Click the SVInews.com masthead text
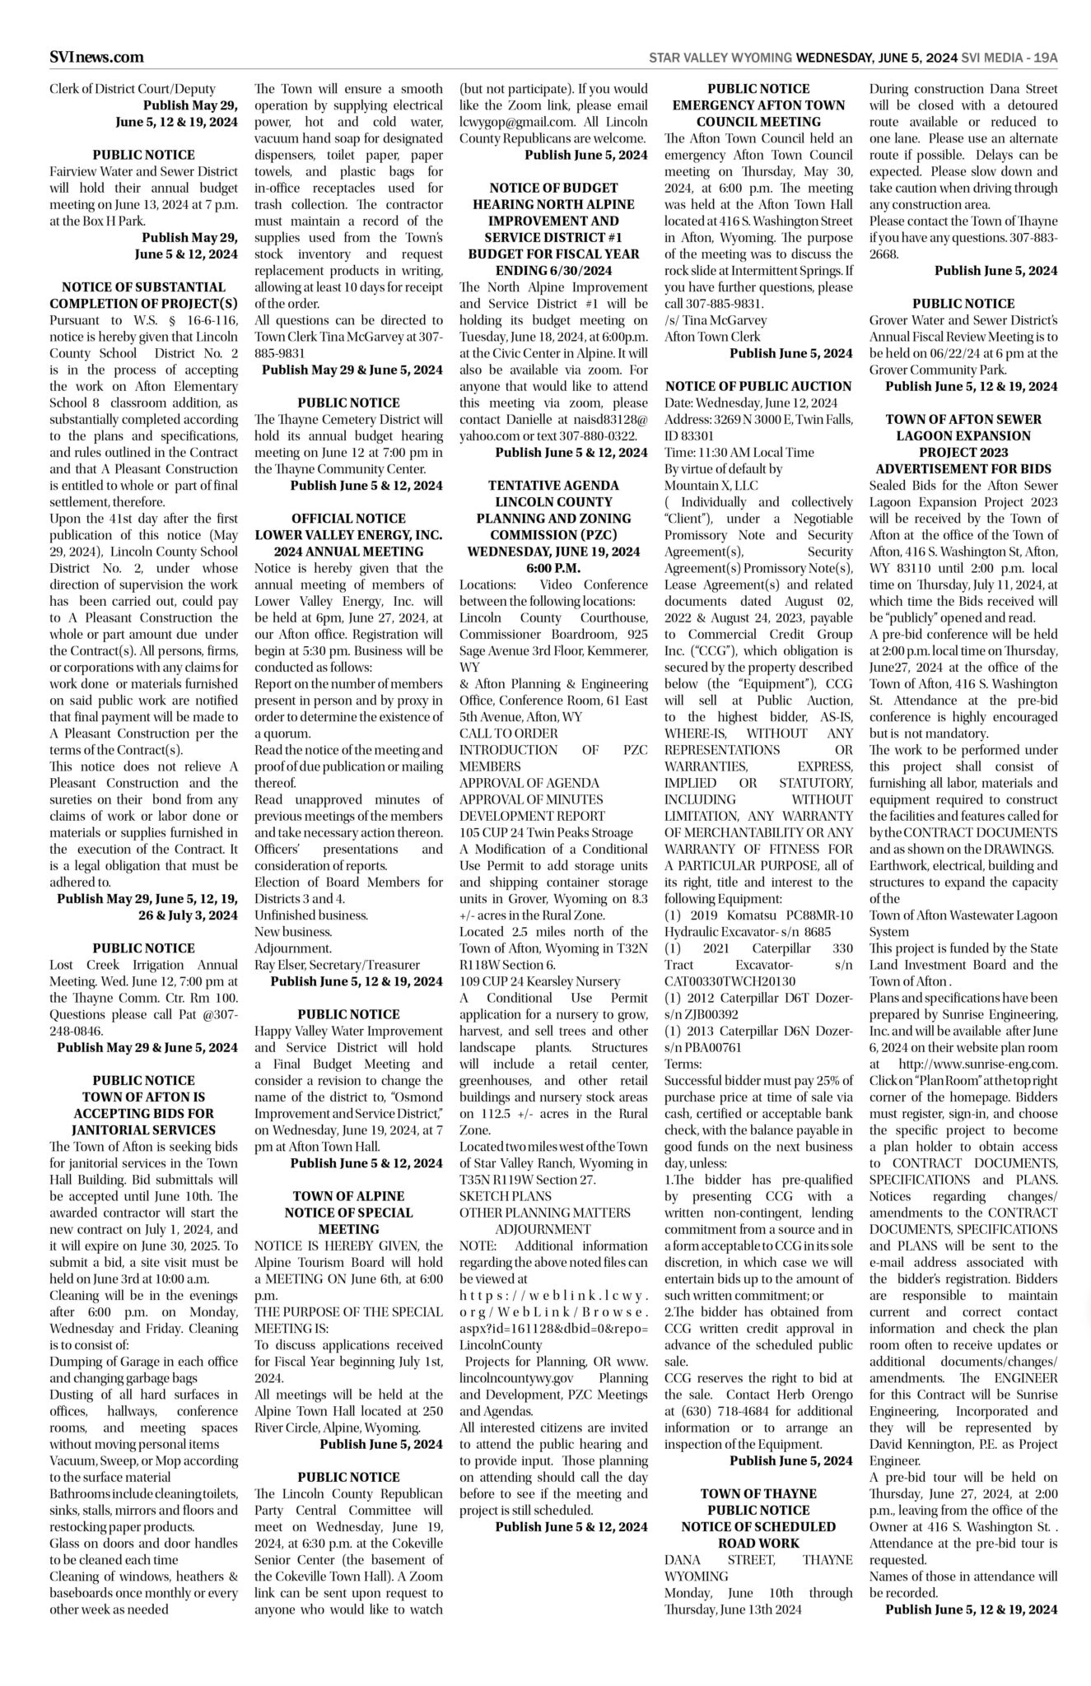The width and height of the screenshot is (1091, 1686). pos(96,57)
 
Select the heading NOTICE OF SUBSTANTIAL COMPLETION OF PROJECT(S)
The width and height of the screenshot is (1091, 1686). pos(144,296)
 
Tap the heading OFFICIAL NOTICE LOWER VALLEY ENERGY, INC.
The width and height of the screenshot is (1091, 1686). pos(348,535)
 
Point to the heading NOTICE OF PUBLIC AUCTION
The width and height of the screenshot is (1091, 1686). pos(758,386)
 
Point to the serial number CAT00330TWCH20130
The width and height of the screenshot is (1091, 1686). pos(730,981)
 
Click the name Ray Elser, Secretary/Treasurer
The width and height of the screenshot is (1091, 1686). pos(337,965)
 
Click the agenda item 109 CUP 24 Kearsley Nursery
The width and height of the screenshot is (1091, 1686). pos(539,981)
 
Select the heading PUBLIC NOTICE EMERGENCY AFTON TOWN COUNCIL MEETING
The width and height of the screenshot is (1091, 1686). pos(758,105)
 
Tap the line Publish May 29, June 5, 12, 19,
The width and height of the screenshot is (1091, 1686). pos(147,898)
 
